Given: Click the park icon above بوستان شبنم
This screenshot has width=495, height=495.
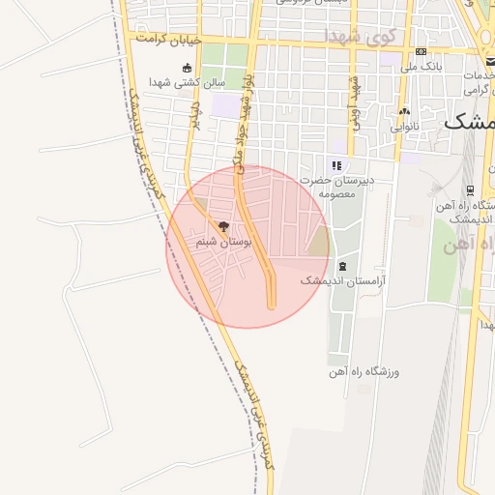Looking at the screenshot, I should coord(224,227).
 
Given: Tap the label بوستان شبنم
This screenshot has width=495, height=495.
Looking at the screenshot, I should coord(223,243).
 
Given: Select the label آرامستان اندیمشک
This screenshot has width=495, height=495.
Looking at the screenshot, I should coord(342,280).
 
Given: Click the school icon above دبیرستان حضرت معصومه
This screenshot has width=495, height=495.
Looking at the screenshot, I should coord(336,165).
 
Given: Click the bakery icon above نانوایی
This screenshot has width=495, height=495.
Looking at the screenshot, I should coord(405,111).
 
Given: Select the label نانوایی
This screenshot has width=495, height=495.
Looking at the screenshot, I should coord(406,127).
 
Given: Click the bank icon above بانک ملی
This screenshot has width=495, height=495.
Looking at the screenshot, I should coord(421,51).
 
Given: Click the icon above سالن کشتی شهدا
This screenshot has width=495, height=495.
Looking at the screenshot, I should coord(187,68).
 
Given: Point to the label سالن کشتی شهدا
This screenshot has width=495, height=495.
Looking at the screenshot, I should coord(187,83).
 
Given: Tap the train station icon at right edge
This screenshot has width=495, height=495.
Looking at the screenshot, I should coord(470,189).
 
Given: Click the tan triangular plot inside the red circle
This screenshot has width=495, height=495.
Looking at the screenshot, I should coord(318,242).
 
